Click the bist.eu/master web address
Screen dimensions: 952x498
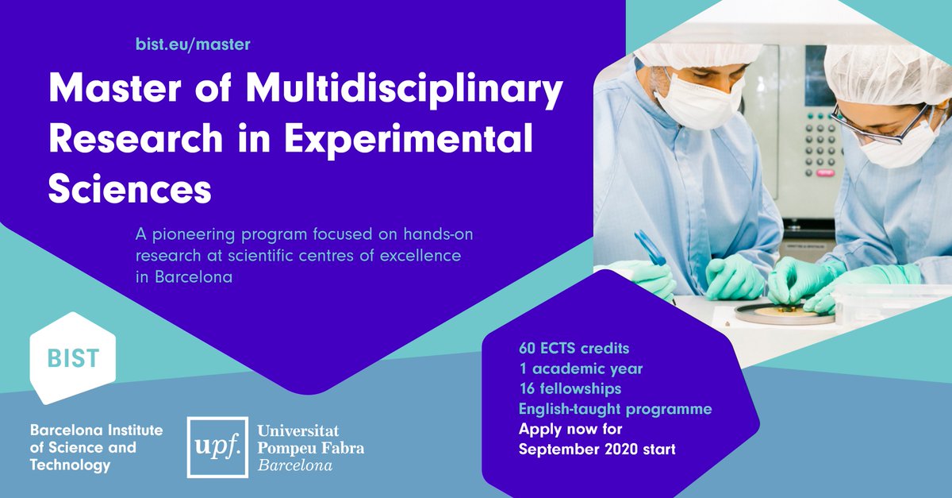(x=193, y=44)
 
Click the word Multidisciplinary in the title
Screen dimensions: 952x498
(x=405, y=91)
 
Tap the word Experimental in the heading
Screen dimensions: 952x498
(x=409, y=140)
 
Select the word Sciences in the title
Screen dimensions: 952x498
(x=129, y=188)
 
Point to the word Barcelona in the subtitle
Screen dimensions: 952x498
(x=194, y=277)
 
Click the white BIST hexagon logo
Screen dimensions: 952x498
(x=73, y=358)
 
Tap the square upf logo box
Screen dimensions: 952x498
(x=217, y=447)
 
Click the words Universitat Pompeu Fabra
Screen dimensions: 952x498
(x=311, y=439)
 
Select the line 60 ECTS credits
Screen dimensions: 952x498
(x=574, y=349)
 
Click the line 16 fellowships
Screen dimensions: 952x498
(x=570, y=388)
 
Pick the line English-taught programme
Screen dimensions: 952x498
(x=615, y=409)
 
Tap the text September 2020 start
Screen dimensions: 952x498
(x=597, y=449)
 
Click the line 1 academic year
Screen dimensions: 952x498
(x=581, y=369)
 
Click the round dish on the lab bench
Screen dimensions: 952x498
(x=783, y=314)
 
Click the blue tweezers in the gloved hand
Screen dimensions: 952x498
(x=651, y=248)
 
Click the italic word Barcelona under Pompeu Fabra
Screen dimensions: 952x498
(x=295, y=465)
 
